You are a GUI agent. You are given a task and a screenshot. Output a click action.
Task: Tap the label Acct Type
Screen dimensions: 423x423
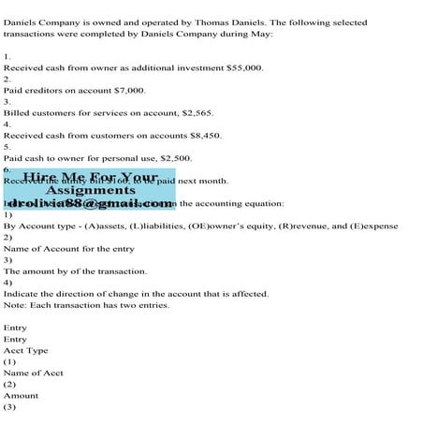pos(25,350)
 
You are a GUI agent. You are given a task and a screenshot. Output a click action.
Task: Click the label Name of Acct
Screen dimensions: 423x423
pos(34,372)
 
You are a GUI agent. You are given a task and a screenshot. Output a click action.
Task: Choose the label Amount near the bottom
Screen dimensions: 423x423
pos(22,395)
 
